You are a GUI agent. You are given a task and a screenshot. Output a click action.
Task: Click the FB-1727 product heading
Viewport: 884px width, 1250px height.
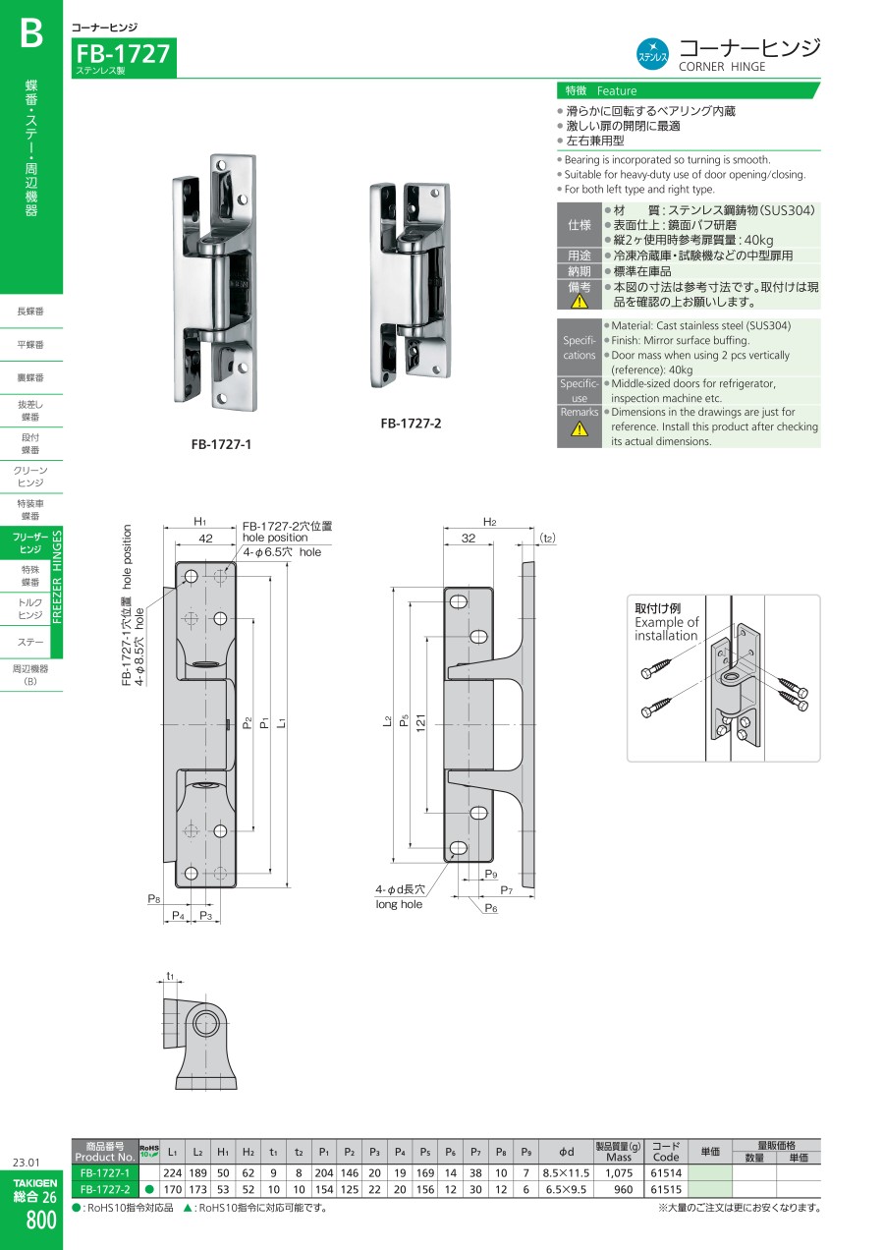123,54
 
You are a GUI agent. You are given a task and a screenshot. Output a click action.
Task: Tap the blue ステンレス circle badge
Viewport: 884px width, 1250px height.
652,55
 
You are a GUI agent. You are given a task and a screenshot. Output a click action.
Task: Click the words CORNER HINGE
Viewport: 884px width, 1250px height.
722,67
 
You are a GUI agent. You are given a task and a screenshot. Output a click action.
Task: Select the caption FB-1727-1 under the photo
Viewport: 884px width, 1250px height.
221,444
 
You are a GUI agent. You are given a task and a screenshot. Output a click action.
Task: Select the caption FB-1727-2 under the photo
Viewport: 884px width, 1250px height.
411,424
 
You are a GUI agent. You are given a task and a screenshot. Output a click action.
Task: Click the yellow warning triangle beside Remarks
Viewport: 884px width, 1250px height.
580,428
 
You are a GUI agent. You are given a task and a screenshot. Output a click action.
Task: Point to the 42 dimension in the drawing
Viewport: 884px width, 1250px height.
205,538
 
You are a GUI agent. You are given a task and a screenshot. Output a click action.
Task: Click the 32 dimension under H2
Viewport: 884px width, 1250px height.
469,538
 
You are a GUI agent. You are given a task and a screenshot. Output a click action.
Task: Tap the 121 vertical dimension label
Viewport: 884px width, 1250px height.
420,722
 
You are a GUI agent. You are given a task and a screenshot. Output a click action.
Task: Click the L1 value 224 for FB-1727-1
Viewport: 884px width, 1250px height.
172,1173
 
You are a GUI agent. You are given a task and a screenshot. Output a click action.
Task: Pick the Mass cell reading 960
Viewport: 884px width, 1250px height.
623,1189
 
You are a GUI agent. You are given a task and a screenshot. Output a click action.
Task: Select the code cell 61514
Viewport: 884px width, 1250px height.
666,1173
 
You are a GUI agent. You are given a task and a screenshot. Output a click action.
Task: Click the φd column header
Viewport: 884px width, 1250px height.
566,1151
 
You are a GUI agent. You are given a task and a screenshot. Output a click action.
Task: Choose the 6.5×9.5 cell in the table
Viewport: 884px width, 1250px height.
566,1189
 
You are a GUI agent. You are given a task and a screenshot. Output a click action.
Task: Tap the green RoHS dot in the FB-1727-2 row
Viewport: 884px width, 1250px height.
149,1189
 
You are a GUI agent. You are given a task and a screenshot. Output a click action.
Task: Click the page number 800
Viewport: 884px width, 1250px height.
40,1221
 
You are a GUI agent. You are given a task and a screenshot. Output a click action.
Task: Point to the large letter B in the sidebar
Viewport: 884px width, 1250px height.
31,33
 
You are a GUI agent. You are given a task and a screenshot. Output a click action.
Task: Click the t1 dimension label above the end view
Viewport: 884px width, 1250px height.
170,976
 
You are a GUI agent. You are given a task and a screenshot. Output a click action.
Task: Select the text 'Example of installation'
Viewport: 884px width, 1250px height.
666,629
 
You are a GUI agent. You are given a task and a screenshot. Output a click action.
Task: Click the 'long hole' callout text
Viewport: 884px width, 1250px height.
399,904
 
